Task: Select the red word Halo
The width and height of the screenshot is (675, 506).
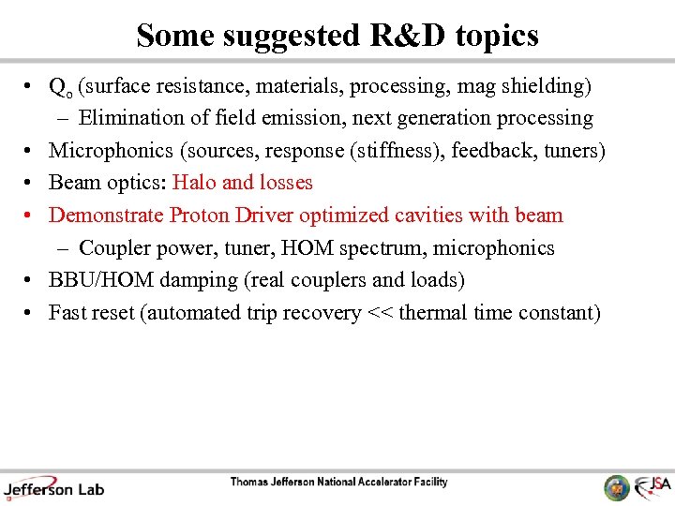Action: coord(194,183)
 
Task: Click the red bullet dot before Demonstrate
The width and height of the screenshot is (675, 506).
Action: coord(31,216)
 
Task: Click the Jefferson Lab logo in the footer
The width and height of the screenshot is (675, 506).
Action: coord(53,487)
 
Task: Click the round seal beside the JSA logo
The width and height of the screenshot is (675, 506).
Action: coord(617,487)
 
